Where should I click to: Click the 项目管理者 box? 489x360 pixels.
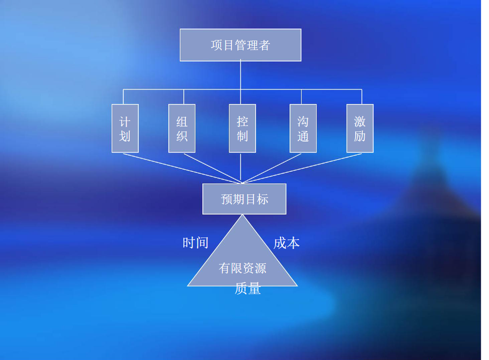click(x=240, y=45)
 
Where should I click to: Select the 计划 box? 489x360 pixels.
click(x=125, y=129)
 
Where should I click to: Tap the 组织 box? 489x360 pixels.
click(x=182, y=129)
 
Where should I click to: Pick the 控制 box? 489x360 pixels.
click(x=242, y=129)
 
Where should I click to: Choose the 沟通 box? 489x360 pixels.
click(x=303, y=129)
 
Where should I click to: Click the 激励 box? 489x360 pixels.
click(x=360, y=129)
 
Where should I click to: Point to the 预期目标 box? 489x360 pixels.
click(x=244, y=199)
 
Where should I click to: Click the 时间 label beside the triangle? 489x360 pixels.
click(x=196, y=243)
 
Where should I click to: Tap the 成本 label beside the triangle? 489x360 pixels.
click(x=286, y=243)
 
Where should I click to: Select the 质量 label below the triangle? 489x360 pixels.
click(x=248, y=289)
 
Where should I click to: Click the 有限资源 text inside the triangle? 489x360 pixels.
click(x=242, y=268)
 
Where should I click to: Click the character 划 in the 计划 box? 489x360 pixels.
click(x=125, y=136)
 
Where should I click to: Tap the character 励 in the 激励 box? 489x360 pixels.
click(x=360, y=136)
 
